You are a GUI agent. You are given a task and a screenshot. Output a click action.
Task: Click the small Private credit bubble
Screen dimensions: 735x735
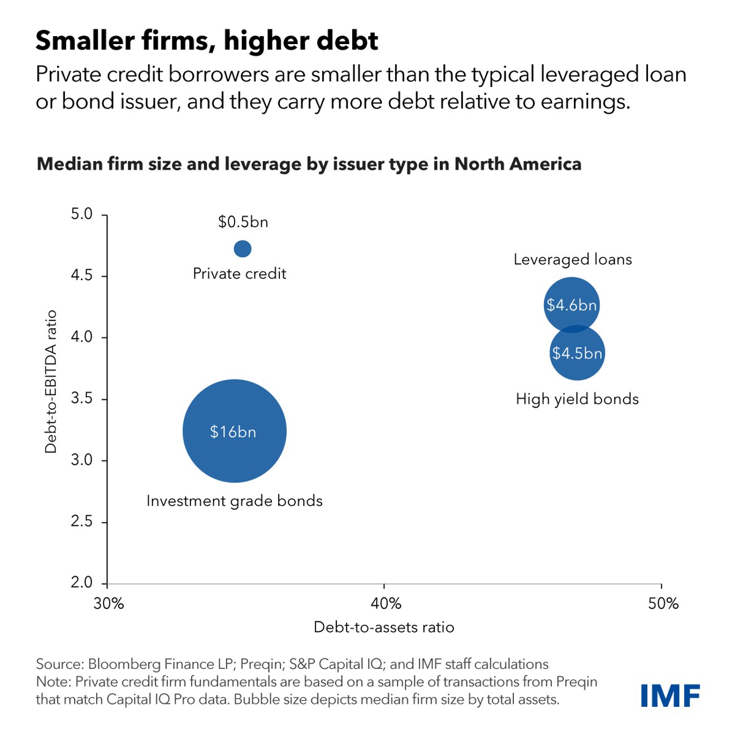(x=243, y=248)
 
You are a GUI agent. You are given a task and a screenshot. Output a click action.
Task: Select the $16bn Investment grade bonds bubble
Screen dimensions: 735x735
(x=234, y=431)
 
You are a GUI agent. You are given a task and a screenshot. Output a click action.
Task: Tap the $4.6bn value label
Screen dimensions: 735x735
(x=571, y=305)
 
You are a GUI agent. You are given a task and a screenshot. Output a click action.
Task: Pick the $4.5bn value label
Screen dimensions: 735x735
(x=577, y=353)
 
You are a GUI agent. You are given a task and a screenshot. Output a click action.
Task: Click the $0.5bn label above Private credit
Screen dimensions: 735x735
(x=243, y=222)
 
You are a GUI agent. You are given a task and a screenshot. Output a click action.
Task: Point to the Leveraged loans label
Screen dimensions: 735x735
(x=573, y=260)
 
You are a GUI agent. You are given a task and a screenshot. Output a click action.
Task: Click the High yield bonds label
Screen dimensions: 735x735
(x=577, y=399)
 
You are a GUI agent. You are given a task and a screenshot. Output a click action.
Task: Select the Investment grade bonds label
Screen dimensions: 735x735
(x=234, y=501)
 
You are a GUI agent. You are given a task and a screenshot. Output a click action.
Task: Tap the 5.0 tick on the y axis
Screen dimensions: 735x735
(x=81, y=214)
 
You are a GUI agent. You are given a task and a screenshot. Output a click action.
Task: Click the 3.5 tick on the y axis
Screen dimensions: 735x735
(x=81, y=399)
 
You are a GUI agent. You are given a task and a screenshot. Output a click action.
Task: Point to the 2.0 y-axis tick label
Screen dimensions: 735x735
(x=81, y=582)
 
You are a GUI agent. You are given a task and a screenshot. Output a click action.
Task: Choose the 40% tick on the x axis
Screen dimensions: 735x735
(x=386, y=604)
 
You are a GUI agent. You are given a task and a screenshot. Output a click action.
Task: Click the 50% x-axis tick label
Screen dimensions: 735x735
(x=663, y=604)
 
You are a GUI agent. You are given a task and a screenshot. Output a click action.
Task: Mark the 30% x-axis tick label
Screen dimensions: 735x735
(x=109, y=604)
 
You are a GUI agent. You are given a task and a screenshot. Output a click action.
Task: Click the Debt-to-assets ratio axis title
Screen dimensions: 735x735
(x=384, y=627)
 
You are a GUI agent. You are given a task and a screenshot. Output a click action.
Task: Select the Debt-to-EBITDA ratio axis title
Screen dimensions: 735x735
(x=51, y=382)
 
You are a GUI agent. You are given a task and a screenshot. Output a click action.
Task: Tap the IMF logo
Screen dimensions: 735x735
(x=670, y=695)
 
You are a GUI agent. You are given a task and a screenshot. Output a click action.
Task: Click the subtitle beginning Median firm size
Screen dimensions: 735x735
(x=309, y=164)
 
